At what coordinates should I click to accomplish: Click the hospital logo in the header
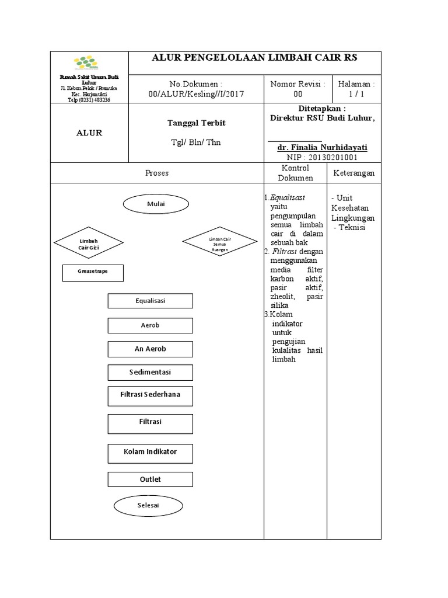[89, 62]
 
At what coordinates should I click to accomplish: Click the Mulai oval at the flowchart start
[156, 204]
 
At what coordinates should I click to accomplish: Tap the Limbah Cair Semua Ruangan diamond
[220, 242]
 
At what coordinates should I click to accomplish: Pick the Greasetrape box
[93, 273]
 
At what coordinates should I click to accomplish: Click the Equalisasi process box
[150, 301]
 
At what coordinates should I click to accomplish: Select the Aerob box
[150, 325]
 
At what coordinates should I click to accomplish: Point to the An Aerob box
[150, 349]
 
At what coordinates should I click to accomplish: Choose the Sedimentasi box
[150, 372]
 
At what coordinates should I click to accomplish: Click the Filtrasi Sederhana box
[150, 395]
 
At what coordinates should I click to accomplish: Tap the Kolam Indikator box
[150, 452]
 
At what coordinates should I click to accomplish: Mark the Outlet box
[150, 479]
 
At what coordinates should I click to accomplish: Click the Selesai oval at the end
[149, 506]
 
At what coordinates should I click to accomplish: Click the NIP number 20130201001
[322, 157]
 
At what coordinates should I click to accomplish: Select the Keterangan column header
[353, 173]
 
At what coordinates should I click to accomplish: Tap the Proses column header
[156, 173]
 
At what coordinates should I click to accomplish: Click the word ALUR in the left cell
[89, 133]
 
